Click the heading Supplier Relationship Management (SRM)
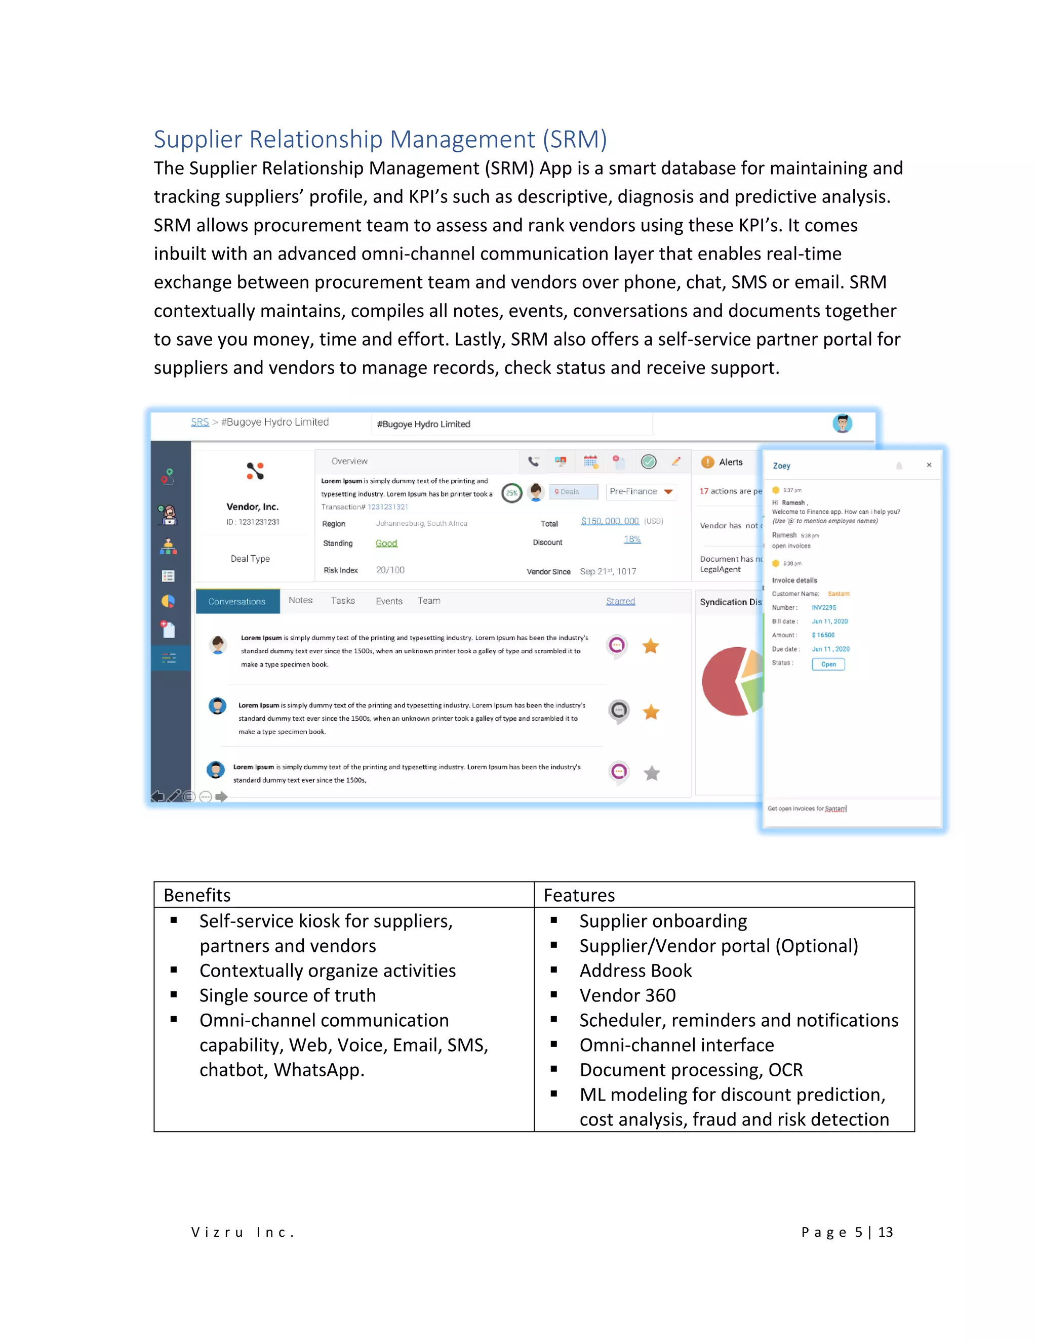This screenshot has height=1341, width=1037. (380, 139)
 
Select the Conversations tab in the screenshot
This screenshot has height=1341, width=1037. (237, 601)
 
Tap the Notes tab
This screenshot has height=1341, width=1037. (300, 600)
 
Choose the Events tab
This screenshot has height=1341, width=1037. (389, 601)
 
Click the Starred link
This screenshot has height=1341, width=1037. (620, 601)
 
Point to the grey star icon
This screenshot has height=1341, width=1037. (652, 773)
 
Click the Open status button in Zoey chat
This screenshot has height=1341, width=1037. (828, 664)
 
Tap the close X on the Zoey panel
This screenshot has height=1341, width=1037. (929, 465)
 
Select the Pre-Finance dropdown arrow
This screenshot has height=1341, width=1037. (668, 491)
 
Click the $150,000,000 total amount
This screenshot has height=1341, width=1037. (610, 521)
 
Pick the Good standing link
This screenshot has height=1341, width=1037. (386, 543)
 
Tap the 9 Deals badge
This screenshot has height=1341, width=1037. (573, 491)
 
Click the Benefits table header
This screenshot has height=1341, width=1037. (197, 895)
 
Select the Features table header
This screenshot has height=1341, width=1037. (579, 895)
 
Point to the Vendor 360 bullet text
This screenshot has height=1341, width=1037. (627, 995)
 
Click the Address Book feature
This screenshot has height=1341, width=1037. (635, 970)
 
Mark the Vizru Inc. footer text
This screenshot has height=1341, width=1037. (243, 1232)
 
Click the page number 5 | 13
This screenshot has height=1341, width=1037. (847, 1232)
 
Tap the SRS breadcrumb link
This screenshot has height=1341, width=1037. (200, 422)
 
